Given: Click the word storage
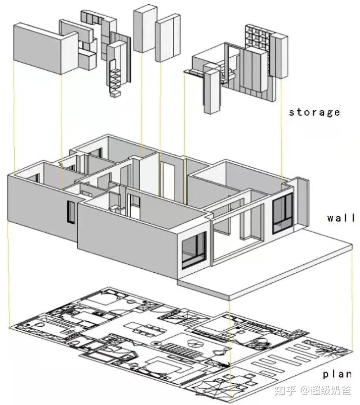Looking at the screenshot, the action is [314, 112].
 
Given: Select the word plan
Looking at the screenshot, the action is [337, 374].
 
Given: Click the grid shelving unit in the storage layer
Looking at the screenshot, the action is [258, 38].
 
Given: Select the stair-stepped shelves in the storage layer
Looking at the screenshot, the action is [115, 81].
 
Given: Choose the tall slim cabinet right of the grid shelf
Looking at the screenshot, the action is [279, 55].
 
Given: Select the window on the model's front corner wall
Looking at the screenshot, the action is [194, 251].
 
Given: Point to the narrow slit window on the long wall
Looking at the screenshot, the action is [71, 212].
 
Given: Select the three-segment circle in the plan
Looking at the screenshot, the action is [196, 343].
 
